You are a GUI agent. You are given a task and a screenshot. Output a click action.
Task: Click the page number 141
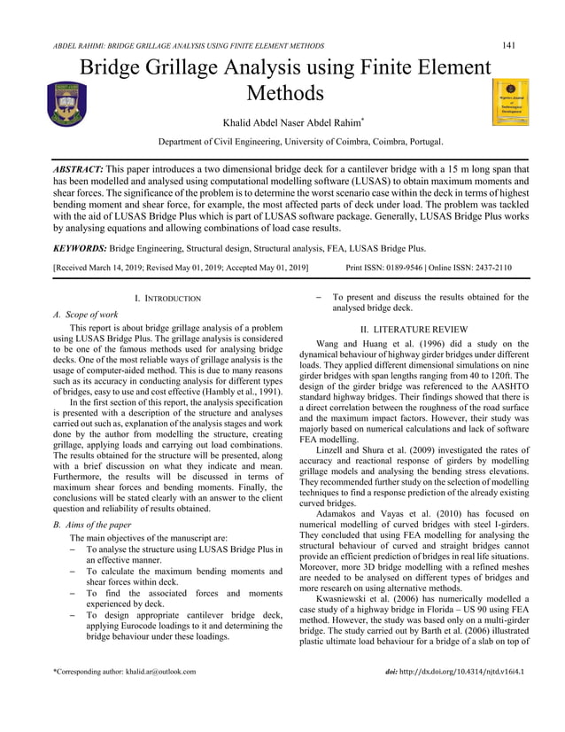click(x=509, y=45)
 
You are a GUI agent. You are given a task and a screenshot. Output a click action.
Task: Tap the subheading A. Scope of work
click(x=86, y=315)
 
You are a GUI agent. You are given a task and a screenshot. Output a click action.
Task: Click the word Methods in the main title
click(x=284, y=92)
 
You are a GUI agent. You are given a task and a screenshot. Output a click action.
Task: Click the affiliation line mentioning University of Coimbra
click(x=300, y=141)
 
